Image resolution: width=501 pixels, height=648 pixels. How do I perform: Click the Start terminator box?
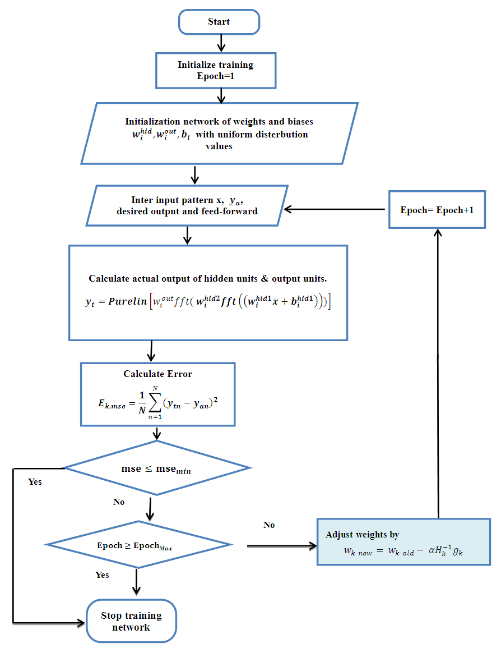tap(219, 22)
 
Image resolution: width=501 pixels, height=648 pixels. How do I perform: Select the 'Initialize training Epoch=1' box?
tap(215, 71)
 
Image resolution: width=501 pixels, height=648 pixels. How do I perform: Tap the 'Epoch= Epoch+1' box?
tap(437, 210)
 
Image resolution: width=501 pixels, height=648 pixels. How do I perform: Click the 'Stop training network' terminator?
tap(131, 621)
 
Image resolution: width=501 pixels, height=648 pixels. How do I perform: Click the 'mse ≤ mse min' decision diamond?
tap(156, 468)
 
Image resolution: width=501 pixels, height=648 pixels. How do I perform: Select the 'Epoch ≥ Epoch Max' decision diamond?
tap(138, 545)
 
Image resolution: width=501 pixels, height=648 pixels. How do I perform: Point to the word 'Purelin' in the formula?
tap(127, 301)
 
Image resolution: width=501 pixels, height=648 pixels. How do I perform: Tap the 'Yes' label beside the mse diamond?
tap(35, 482)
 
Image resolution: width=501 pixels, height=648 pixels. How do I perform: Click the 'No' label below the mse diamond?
tap(119, 502)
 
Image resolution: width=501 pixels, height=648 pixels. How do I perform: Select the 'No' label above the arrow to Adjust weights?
tap(269, 525)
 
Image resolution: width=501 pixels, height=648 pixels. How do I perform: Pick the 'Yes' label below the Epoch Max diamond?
tap(103, 575)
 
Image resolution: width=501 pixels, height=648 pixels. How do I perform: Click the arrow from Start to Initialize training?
tap(221, 43)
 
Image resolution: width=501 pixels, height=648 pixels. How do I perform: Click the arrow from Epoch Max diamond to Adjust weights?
tap(280, 545)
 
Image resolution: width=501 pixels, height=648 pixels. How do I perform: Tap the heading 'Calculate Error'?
tap(157, 374)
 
